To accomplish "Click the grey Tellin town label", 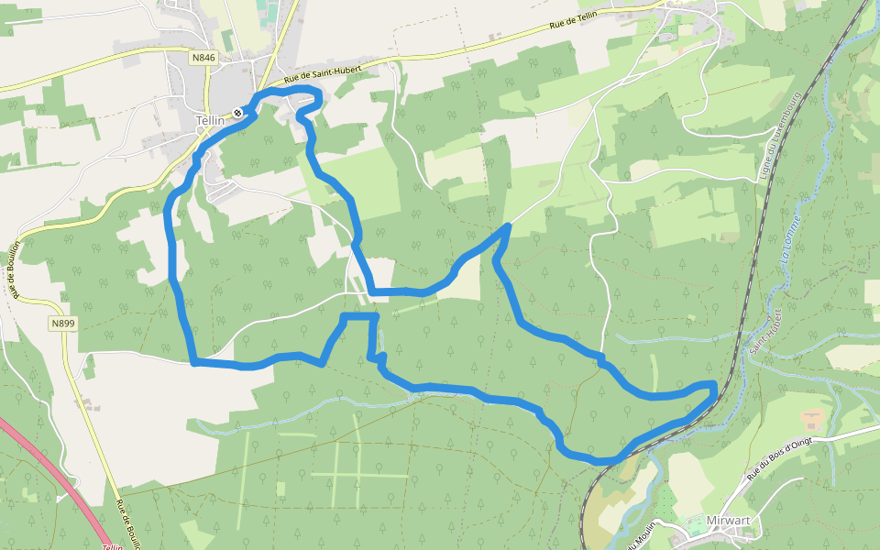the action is coord(210,120).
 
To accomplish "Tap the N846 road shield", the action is coord(203,58).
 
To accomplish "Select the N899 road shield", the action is coord(62,324).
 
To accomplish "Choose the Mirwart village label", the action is coord(729,521).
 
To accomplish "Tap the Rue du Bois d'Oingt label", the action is coord(779,458).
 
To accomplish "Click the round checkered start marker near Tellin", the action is coord(237,113).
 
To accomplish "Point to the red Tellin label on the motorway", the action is coord(112,546).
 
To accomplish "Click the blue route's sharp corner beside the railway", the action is coord(713,385).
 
